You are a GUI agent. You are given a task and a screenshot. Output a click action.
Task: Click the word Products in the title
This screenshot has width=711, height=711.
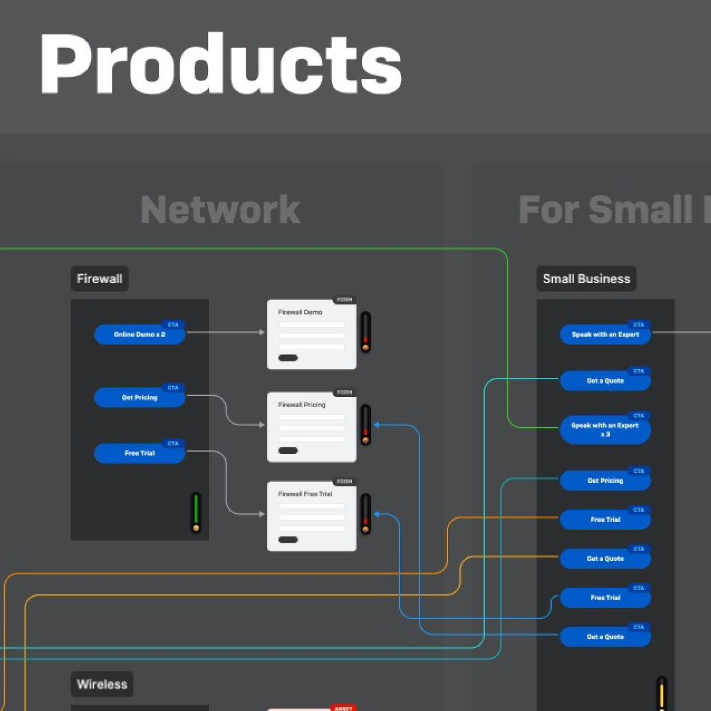point(220,64)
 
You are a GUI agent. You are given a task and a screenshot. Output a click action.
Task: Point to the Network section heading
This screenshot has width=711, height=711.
point(220,210)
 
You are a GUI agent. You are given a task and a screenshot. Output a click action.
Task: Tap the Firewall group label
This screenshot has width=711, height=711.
point(100,278)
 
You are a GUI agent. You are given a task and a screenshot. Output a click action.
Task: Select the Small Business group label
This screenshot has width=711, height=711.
point(586,278)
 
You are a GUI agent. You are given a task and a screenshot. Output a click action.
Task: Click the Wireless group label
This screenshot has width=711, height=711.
point(102,684)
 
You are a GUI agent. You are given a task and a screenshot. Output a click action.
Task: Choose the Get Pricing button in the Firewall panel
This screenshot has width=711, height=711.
point(140,398)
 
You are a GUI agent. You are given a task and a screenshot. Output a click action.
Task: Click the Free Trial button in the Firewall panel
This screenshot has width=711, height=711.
point(140,453)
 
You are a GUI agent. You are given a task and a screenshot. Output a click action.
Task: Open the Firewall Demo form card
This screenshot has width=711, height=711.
point(312,335)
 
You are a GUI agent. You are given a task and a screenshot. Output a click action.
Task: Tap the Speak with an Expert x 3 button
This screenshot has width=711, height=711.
point(605,430)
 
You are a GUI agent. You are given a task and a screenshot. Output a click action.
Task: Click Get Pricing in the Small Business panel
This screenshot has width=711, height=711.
point(605,481)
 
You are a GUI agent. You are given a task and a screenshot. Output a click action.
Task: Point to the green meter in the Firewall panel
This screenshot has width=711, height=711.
point(196,512)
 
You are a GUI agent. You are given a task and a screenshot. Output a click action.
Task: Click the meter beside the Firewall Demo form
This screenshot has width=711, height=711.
point(366,332)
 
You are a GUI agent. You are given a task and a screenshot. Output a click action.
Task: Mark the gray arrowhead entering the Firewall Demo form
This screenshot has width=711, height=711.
point(262,332)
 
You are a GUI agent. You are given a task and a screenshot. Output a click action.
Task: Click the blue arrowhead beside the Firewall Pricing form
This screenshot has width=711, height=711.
point(377,425)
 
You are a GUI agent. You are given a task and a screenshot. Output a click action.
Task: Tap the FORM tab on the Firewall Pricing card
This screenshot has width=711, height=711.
point(344,392)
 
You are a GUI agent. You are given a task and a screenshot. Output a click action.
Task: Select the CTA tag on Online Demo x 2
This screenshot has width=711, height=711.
point(173,325)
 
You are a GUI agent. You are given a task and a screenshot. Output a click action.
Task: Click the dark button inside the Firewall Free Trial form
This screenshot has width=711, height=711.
point(288,540)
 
